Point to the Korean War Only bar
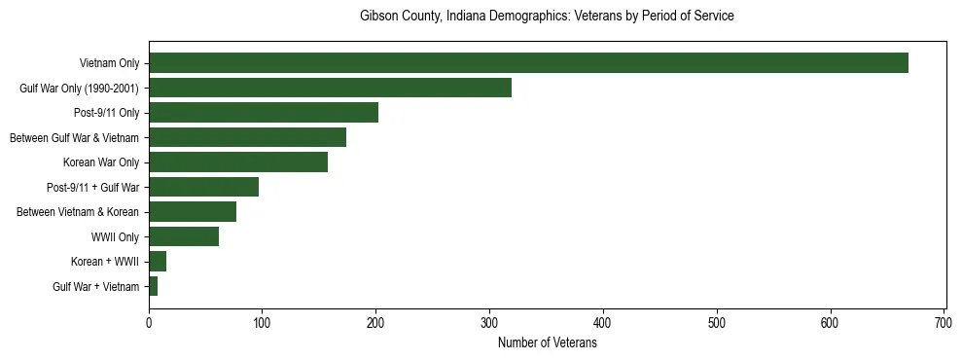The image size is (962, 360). tap(238, 162)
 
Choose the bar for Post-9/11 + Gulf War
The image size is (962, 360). tap(203, 187)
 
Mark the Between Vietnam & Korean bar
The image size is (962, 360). tap(193, 212)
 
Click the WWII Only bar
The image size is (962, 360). tap(184, 236)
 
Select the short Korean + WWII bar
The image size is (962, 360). tap(158, 261)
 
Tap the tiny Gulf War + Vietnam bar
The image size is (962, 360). tap(153, 286)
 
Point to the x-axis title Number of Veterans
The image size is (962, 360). tap(547, 342)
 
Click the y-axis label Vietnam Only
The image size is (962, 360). tap(109, 64)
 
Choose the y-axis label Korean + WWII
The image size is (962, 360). tap(105, 262)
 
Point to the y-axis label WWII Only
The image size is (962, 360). tap(115, 237)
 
